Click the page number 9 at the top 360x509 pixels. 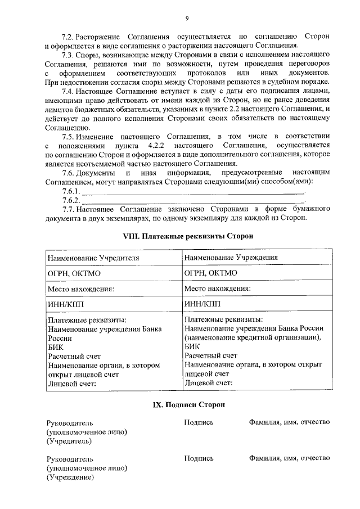187,19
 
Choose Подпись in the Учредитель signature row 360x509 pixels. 199,422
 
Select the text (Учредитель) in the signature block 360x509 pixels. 67,442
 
